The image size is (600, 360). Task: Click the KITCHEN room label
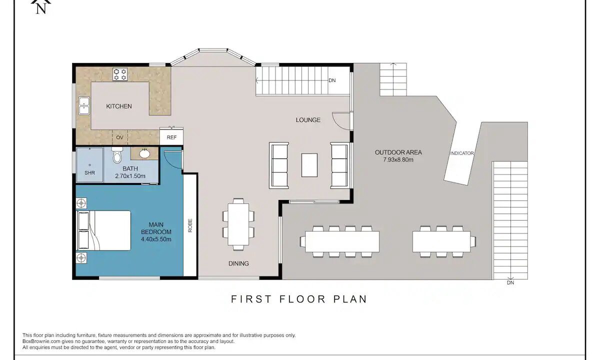point(119,106)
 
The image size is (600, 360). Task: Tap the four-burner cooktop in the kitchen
point(119,74)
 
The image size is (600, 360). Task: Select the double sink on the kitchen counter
point(84,106)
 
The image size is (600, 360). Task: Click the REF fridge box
point(171,137)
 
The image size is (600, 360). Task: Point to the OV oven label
point(119,137)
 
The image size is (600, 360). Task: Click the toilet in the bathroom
point(117,155)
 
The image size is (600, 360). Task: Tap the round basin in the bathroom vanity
point(145,154)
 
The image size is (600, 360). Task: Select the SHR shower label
point(89,173)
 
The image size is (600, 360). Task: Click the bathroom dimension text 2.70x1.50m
point(130,176)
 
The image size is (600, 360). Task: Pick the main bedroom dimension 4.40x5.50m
point(156,239)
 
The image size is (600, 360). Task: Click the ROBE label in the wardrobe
point(190,225)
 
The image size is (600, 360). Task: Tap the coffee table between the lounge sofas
point(309,165)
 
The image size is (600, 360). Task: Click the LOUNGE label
point(308,120)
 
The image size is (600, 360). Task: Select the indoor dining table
point(238,224)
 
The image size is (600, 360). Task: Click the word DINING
point(238,263)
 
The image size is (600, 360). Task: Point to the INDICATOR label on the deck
point(462,153)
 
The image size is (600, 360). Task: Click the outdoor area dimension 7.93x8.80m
point(398,160)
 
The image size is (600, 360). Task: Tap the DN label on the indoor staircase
point(332,80)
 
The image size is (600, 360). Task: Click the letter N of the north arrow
point(41,9)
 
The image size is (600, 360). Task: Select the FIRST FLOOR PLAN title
point(299,299)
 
